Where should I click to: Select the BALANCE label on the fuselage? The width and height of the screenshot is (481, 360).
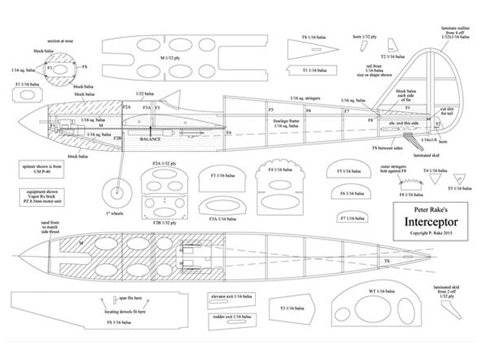[150, 140]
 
